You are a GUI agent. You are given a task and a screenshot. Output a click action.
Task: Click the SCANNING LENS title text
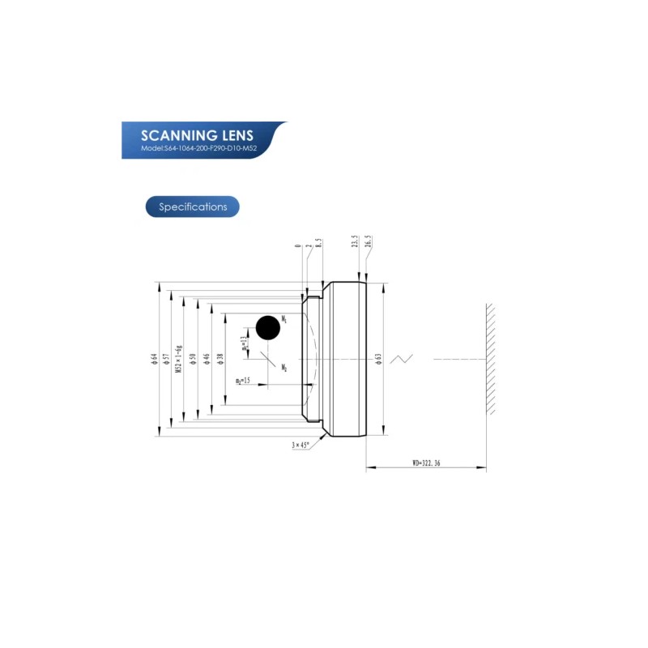click(x=197, y=134)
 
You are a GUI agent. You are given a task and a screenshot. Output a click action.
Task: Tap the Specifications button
click(x=193, y=207)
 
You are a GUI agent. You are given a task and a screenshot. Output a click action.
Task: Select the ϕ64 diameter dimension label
click(x=154, y=359)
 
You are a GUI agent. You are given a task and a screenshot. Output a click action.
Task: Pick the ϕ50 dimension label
click(x=193, y=359)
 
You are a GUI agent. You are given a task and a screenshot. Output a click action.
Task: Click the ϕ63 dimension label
click(x=378, y=359)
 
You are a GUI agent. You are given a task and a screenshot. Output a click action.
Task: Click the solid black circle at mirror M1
click(x=268, y=328)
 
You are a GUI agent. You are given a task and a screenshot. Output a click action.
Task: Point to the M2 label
click(x=284, y=368)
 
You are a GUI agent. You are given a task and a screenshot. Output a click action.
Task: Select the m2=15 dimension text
click(x=243, y=381)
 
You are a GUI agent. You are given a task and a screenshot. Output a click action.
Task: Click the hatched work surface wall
click(x=491, y=359)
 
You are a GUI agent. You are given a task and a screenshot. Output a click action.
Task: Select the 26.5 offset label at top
click(x=369, y=242)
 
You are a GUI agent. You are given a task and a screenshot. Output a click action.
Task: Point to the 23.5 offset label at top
click(x=355, y=242)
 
